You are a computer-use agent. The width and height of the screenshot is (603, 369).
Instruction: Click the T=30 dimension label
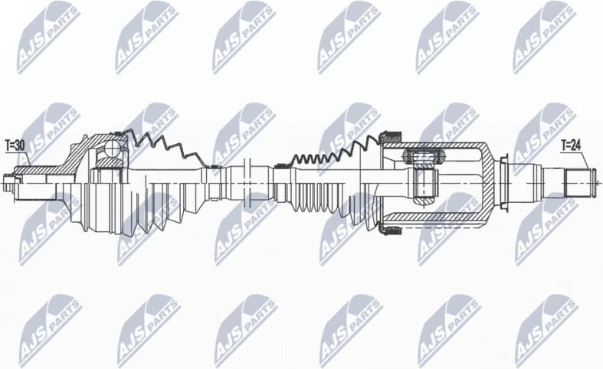pos(15,144)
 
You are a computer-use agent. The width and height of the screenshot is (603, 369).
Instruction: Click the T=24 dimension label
pos(572,144)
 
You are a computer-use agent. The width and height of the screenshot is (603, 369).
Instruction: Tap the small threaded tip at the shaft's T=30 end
pos(9,182)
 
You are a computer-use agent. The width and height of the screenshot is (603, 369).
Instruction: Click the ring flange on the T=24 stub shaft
pos(503,182)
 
